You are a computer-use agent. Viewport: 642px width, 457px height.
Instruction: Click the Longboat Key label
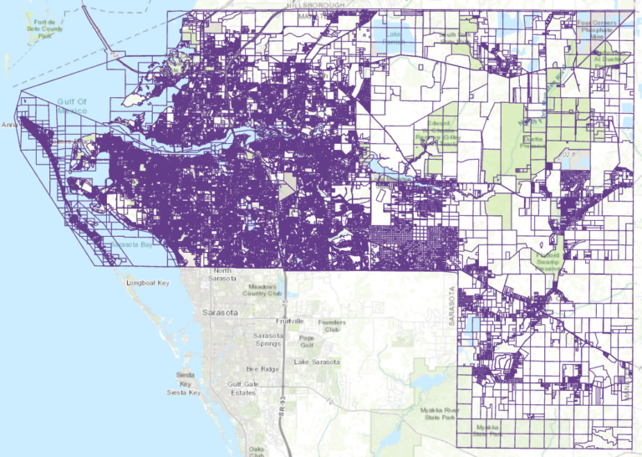click(147, 283)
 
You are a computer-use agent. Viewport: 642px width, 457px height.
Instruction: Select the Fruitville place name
click(290, 321)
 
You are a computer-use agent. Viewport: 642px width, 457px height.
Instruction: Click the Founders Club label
click(332, 326)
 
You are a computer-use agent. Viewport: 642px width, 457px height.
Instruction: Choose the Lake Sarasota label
click(317, 362)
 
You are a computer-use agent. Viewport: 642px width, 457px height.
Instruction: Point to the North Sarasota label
click(222, 275)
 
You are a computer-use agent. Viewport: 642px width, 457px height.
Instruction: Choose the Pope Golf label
click(306, 341)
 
